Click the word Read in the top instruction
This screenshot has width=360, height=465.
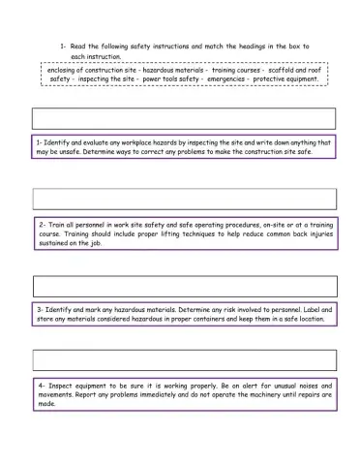(x=79, y=46)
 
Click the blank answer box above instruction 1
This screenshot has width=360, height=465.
(x=185, y=118)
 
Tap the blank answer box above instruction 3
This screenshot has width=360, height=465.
(x=185, y=287)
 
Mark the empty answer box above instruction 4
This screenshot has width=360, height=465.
(x=185, y=360)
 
